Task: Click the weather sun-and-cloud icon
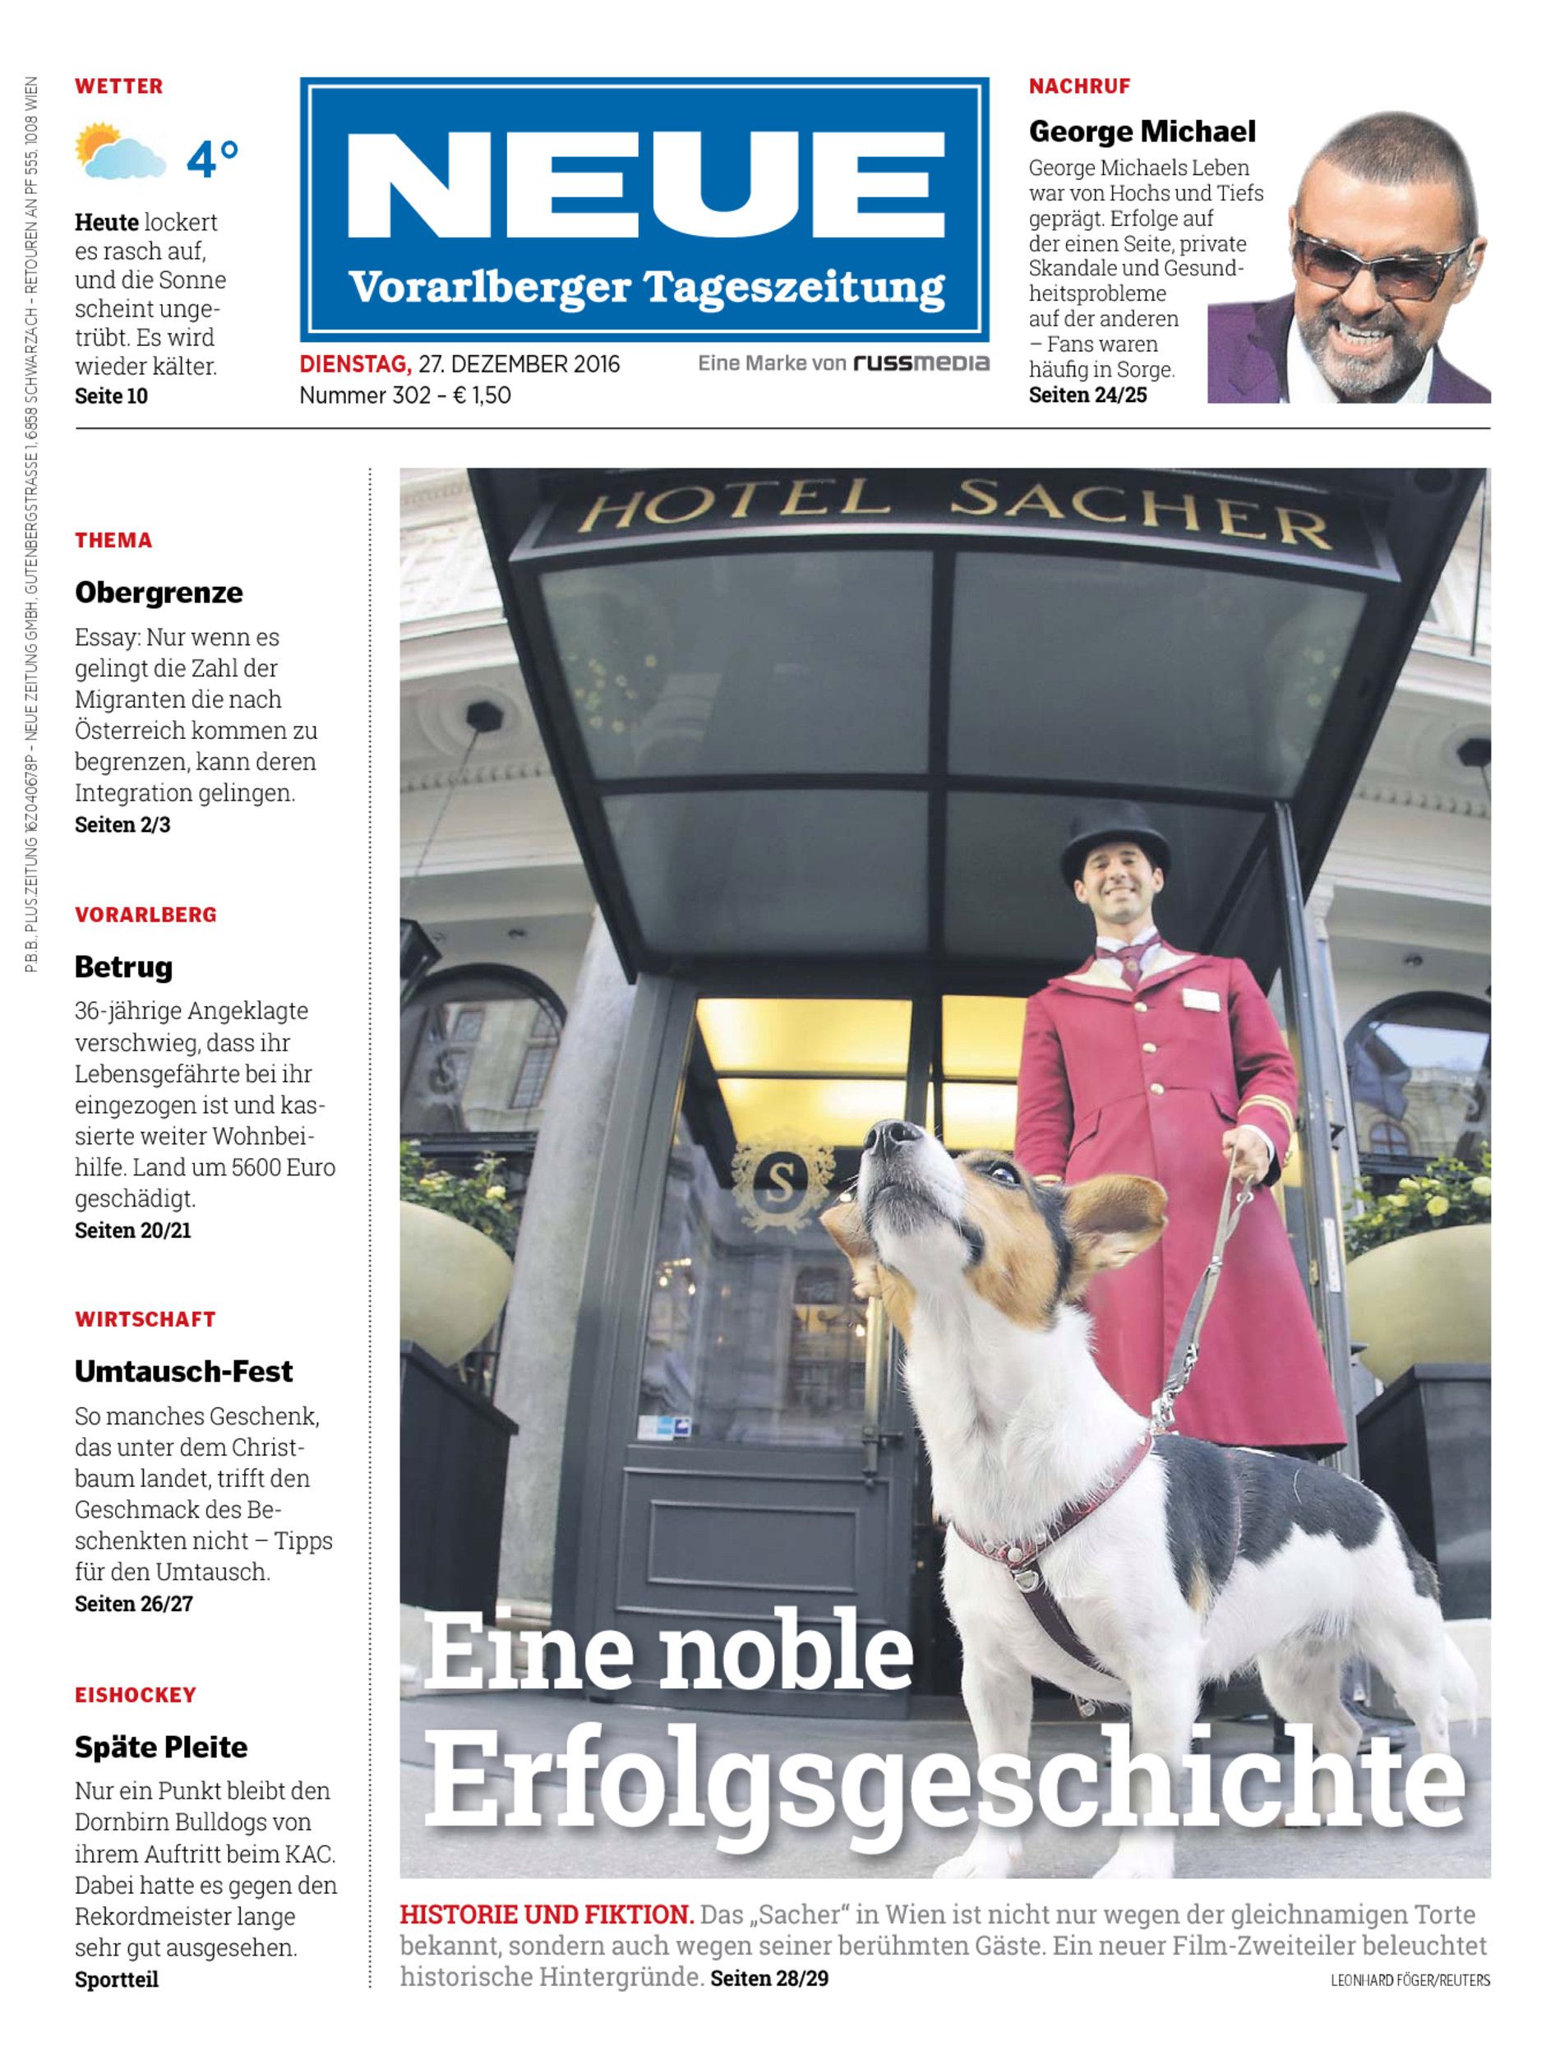point(120,151)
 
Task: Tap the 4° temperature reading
point(212,159)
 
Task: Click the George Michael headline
point(1141,132)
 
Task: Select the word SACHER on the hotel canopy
point(1138,513)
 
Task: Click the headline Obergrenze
point(159,593)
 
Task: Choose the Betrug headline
point(123,967)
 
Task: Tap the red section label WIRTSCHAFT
point(145,1319)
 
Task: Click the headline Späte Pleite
point(160,1748)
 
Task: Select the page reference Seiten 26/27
point(133,1604)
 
